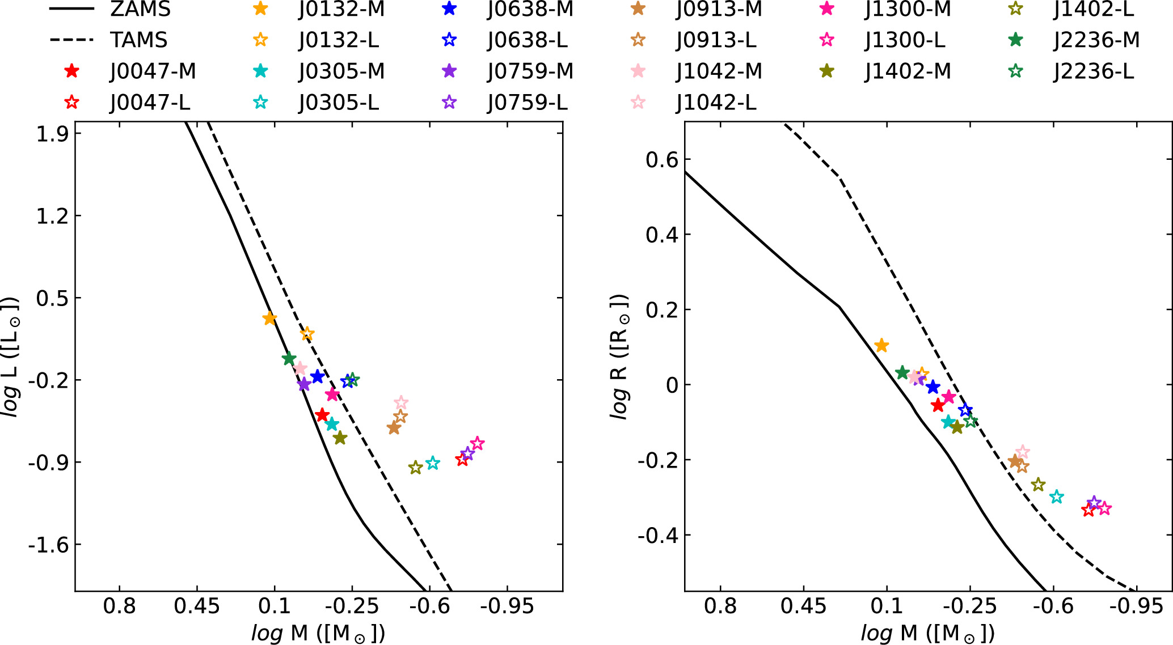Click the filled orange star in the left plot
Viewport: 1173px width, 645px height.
click(x=269, y=319)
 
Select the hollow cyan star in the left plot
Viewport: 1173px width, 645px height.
click(x=433, y=463)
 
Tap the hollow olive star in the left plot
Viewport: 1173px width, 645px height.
click(x=416, y=468)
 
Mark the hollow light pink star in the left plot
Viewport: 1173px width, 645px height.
click(x=401, y=403)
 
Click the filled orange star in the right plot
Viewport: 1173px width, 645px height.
click(x=881, y=345)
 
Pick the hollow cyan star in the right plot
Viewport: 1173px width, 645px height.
click(x=1056, y=497)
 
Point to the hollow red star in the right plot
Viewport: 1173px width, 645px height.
click(x=1088, y=510)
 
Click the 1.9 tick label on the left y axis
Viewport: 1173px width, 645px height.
click(x=52, y=134)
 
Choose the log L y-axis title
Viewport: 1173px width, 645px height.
click(x=11, y=357)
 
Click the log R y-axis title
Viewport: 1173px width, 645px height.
click(x=620, y=357)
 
